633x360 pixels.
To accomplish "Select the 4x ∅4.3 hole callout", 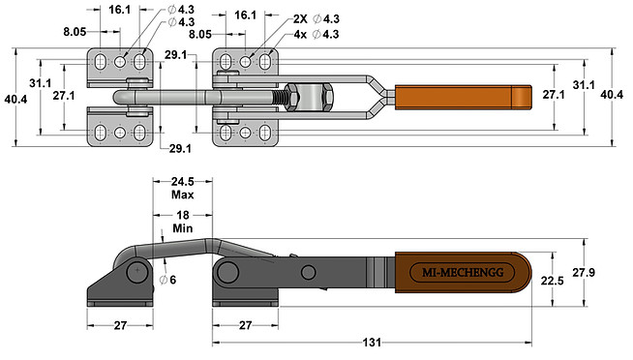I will [x=316, y=34].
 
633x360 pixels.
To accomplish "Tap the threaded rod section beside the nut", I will [x=288, y=98].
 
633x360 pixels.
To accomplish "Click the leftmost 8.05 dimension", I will [x=75, y=32].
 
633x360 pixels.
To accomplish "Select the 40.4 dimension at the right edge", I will [x=612, y=96].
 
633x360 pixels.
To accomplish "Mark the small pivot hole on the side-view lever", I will [x=308, y=271].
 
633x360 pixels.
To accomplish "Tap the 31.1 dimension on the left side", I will [x=40, y=84].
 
